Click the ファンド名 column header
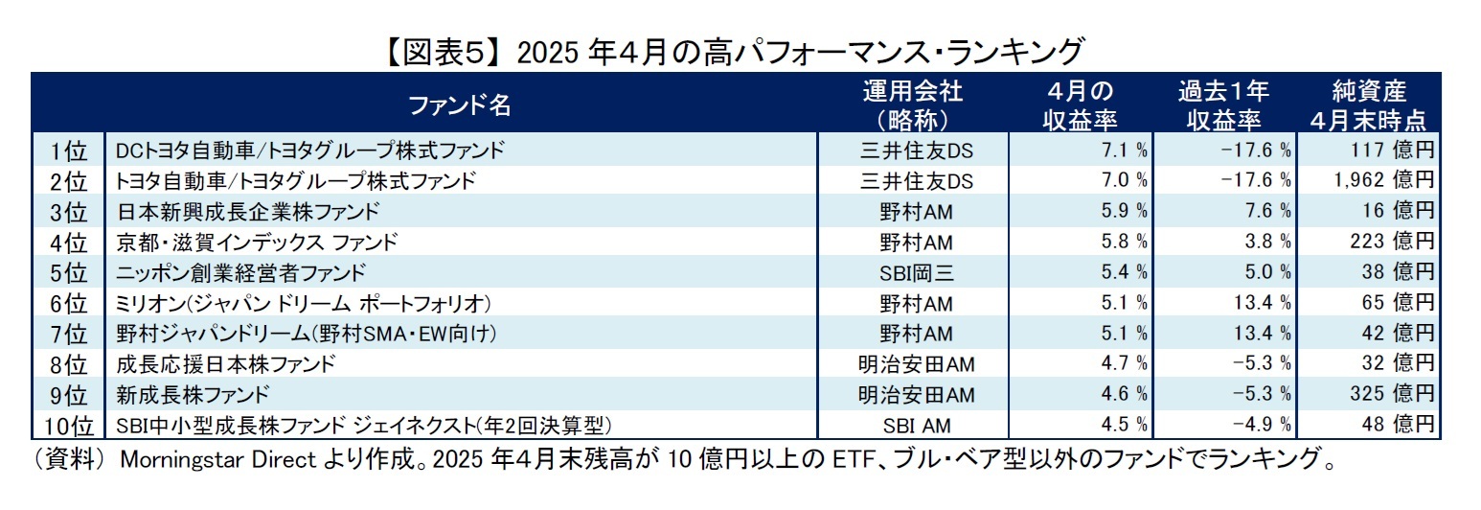[x=460, y=105]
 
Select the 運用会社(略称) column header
[x=911, y=105]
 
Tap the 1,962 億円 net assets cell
[x=1384, y=180]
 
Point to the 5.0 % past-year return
[x=1265, y=272]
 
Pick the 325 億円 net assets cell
[x=1394, y=394]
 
